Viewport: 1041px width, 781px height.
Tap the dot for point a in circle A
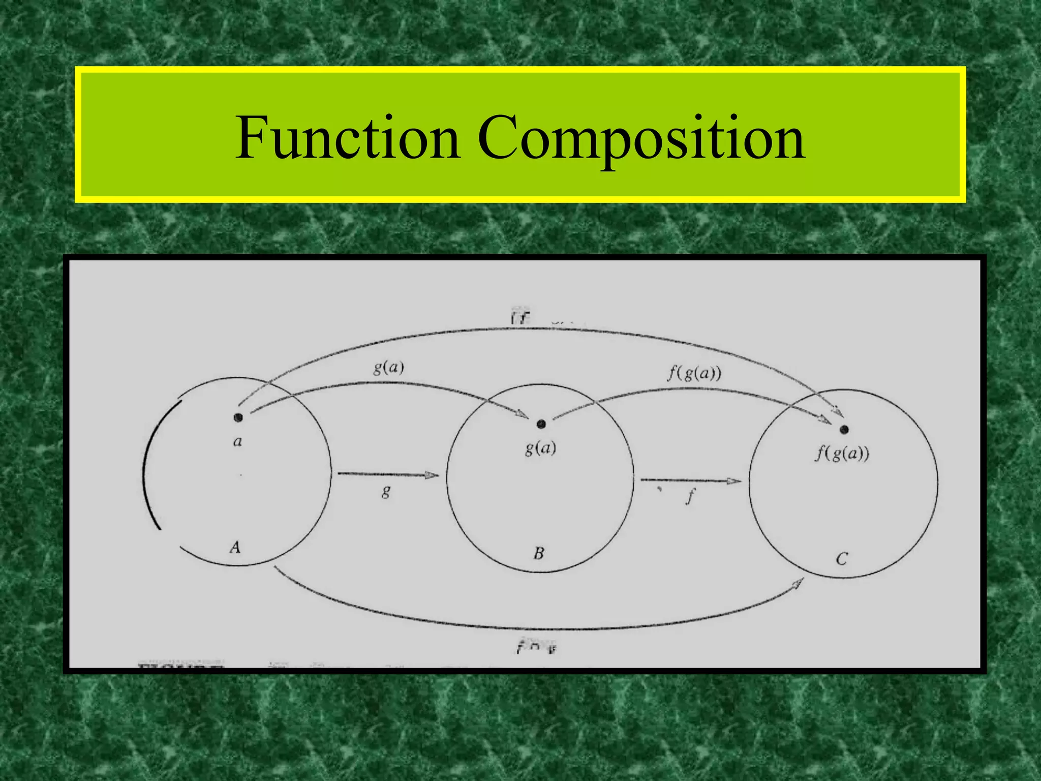coord(238,417)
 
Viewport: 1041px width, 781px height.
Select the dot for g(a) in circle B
coord(541,424)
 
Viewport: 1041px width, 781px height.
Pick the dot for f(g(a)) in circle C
coord(844,430)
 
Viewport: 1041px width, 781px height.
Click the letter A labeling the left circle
coord(235,548)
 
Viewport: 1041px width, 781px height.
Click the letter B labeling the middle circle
coord(539,553)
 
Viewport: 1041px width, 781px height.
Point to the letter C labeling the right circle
coord(842,559)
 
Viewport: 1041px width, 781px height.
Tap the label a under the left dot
coord(237,441)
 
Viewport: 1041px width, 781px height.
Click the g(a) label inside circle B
coord(540,448)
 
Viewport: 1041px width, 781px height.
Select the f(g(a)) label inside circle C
coord(842,453)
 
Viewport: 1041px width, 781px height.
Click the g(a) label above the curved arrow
coord(388,367)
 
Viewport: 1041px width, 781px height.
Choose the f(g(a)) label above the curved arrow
coord(694,374)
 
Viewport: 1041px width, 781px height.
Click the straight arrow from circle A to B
coord(387,475)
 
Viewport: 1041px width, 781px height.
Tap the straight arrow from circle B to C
coord(690,480)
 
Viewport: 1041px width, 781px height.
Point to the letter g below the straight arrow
coord(386,492)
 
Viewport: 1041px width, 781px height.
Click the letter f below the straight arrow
coord(690,496)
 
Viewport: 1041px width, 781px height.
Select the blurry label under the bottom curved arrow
coord(537,647)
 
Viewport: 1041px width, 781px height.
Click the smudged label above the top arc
coord(520,318)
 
